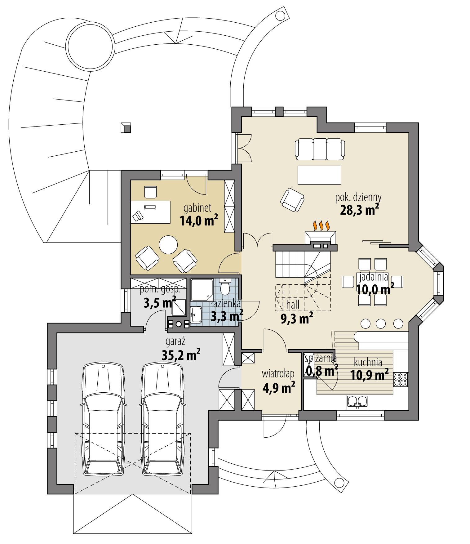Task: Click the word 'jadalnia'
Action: coord(374,277)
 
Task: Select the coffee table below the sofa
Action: coord(319,175)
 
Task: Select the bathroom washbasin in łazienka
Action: coord(196,315)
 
